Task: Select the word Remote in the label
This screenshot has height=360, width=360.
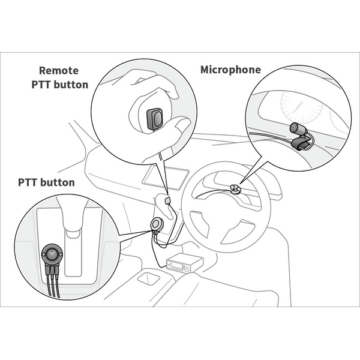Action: pyautogui.click(x=58, y=70)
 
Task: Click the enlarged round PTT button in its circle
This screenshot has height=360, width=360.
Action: pyautogui.click(x=53, y=256)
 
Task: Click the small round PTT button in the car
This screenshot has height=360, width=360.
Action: pyautogui.click(x=158, y=223)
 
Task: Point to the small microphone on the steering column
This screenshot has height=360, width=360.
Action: pyautogui.click(x=236, y=190)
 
